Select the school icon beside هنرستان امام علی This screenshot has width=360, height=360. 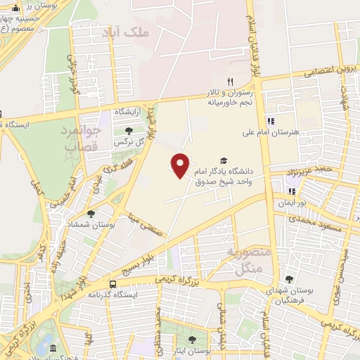click(271, 121)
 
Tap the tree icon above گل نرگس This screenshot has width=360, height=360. click(128, 131)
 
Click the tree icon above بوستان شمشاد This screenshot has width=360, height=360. click(91, 214)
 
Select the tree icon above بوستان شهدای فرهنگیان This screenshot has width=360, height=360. click(289, 279)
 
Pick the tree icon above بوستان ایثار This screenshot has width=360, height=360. click(191, 340)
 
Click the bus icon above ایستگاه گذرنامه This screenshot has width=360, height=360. click(112, 284)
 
